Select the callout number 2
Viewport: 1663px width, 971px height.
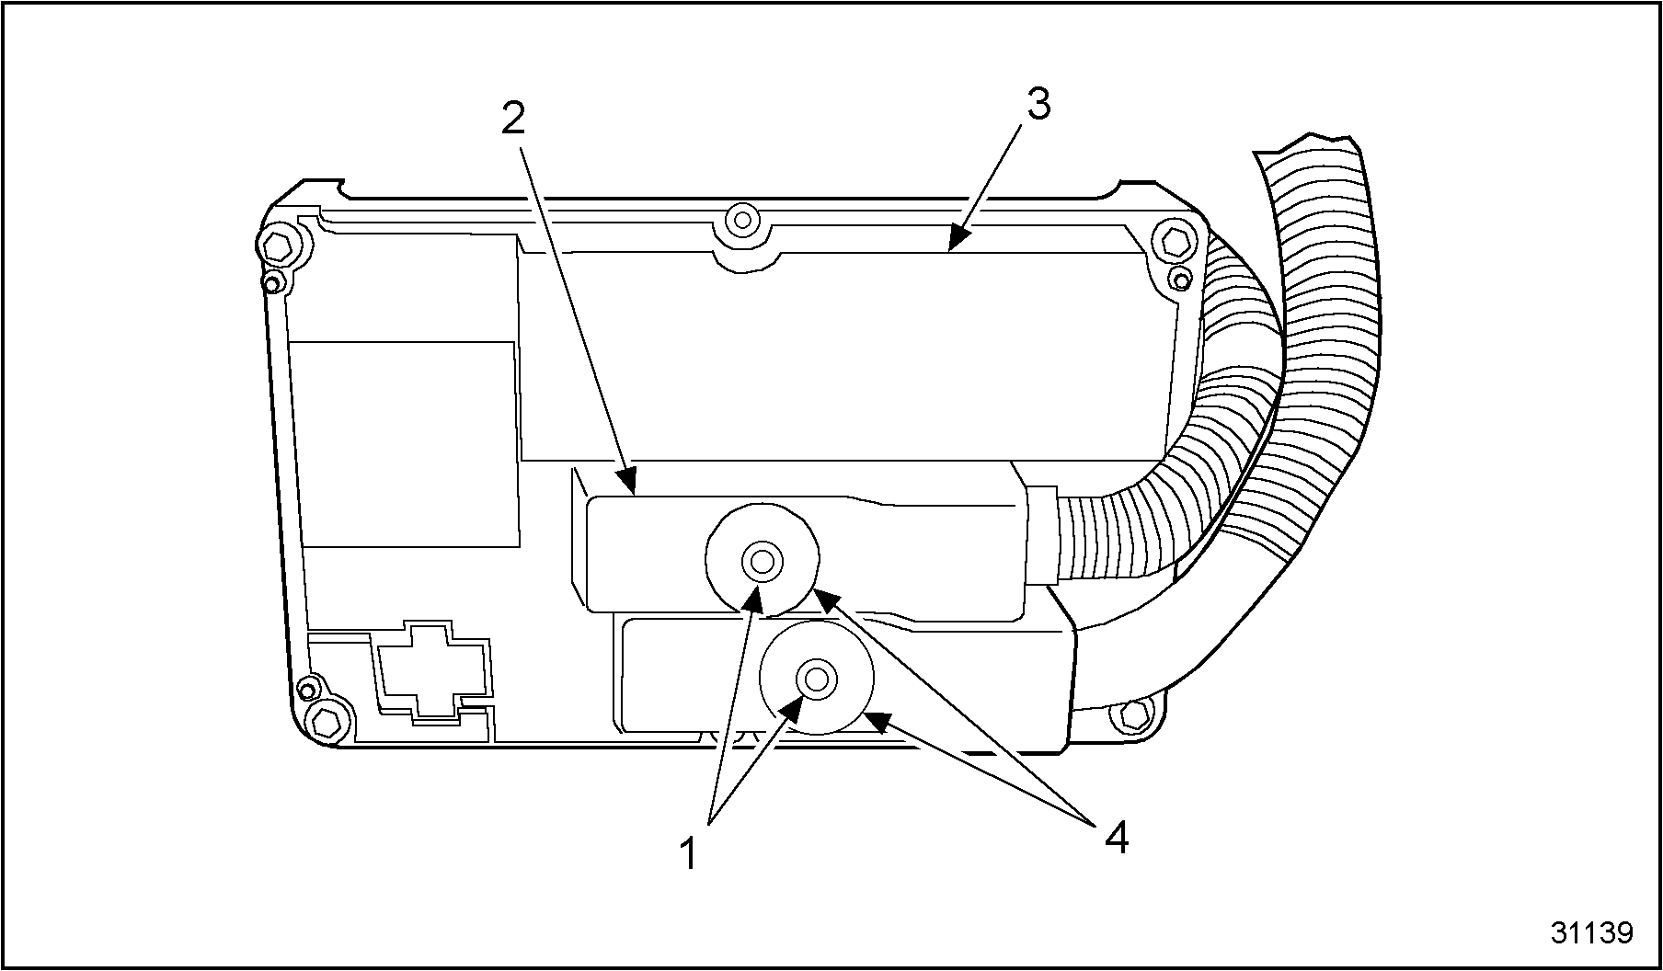pyautogui.click(x=512, y=119)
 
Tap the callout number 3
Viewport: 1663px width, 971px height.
pyautogui.click(x=1038, y=107)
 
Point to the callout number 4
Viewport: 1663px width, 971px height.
pyautogui.click(x=1115, y=838)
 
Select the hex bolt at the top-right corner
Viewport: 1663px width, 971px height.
pyautogui.click(x=1172, y=241)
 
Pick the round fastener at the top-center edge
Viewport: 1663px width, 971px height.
pyautogui.click(x=740, y=221)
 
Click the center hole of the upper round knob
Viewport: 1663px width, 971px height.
pyautogui.click(x=762, y=559)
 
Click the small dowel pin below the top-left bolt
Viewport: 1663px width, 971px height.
pyautogui.click(x=271, y=282)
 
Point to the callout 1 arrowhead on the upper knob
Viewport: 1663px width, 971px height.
pyautogui.click(x=754, y=598)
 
